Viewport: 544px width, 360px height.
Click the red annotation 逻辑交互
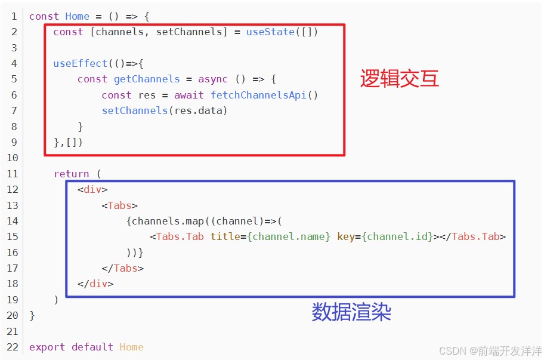[399, 79]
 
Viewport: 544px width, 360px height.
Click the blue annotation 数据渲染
[351, 312]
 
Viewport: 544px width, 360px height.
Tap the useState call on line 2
[270, 32]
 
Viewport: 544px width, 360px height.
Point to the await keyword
[188, 95]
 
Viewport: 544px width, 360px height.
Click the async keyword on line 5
[213, 79]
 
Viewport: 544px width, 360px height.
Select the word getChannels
[147, 79]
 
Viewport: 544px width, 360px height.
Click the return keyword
[71, 174]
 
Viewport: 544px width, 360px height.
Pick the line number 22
[12, 347]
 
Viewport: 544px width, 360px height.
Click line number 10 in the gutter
[12, 158]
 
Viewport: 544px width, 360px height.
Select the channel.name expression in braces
[289, 236]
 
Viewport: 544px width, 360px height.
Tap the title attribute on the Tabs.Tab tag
[225, 236]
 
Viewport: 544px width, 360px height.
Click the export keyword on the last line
[47, 347]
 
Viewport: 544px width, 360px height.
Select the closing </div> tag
[95, 284]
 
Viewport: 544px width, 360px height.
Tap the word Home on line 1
[77, 16]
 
